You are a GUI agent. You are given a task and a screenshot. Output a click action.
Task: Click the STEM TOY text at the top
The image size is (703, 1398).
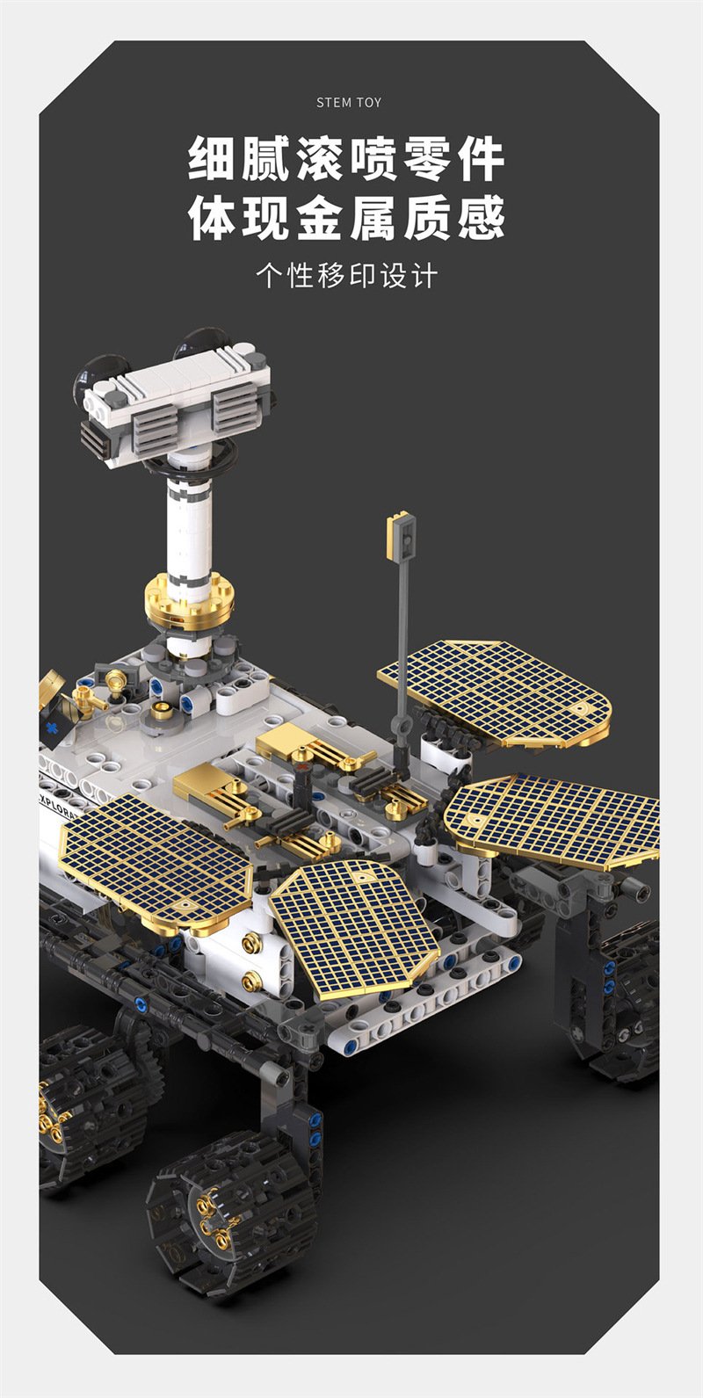click(x=348, y=103)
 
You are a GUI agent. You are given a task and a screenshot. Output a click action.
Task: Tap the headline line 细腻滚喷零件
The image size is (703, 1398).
click(x=346, y=160)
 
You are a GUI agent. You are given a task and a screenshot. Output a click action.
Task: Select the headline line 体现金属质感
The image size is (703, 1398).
click(x=346, y=218)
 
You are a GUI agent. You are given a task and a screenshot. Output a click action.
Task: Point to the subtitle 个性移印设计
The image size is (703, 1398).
click(x=346, y=275)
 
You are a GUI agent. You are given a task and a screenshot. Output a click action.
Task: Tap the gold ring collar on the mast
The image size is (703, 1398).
click(x=189, y=602)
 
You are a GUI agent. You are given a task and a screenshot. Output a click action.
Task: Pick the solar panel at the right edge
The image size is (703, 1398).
click(x=553, y=821)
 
